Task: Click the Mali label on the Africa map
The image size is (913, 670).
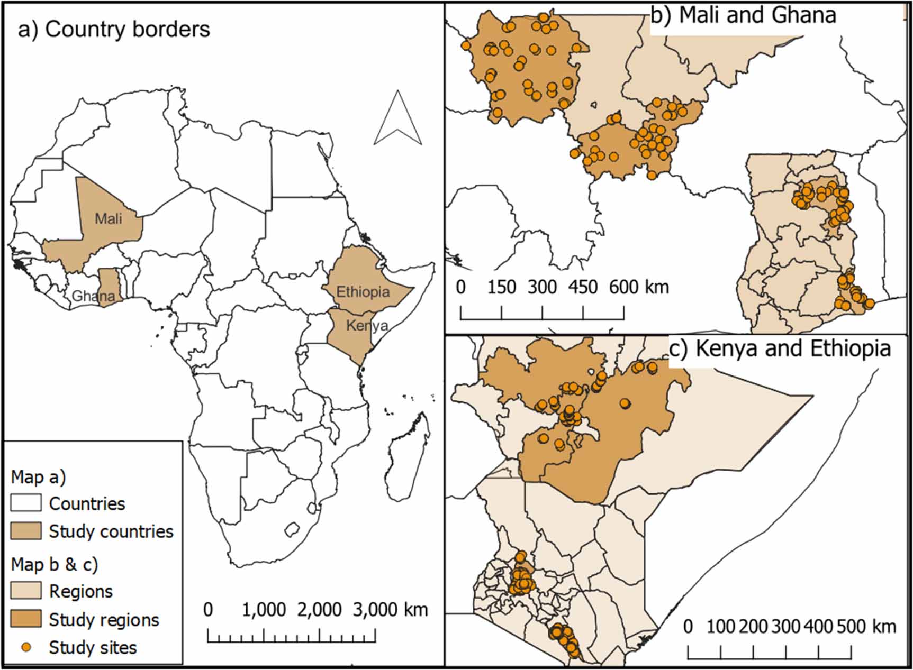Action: click(109, 218)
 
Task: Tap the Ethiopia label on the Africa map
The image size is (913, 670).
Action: click(363, 291)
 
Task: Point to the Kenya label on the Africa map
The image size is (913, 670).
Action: click(367, 325)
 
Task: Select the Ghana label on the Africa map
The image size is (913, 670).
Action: click(93, 296)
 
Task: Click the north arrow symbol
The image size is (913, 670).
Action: click(398, 118)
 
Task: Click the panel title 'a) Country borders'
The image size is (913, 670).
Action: click(114, 30)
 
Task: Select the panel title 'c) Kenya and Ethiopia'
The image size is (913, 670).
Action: click(780, 348)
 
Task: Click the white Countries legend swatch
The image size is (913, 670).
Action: click(26, 503)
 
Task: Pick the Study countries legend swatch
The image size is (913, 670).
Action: click(26, 531)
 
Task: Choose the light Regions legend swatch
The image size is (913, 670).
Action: click(26, 591)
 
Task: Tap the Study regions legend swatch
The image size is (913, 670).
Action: click(26, 619)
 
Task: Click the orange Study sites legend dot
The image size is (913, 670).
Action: click(25, 647)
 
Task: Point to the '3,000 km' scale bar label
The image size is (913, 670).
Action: click(390, 610)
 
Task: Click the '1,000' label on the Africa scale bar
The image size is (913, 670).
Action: click(264, 610)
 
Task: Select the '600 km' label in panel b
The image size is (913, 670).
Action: click(639, 287)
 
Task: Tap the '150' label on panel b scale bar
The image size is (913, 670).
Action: click(501, 287)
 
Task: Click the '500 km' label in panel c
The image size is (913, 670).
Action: click(866, 627)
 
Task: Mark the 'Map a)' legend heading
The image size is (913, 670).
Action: click(38, 476)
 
